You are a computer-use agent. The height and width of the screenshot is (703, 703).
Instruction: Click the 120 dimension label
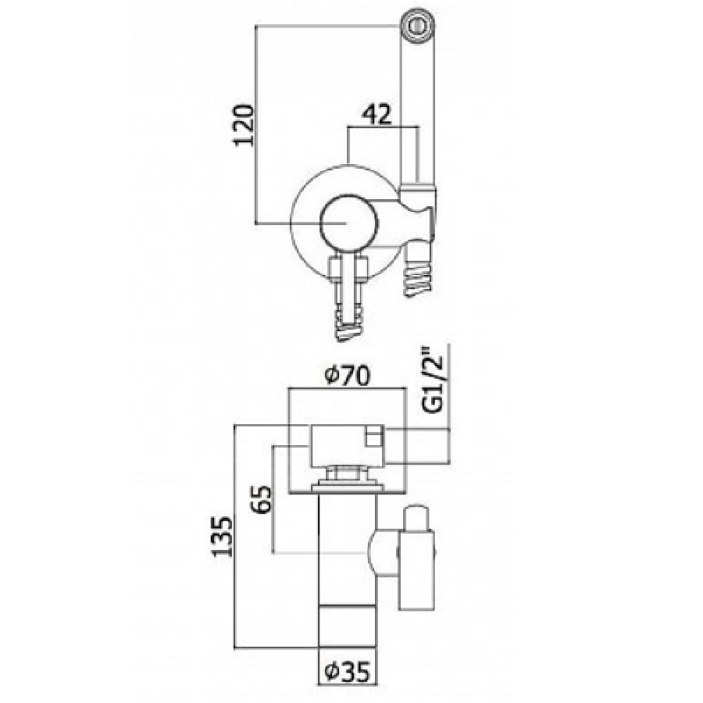pos(244,125)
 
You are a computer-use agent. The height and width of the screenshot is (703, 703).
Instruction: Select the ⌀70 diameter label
pos(348,376)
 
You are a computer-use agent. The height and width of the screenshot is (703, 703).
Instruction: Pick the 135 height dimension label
pos(223,537)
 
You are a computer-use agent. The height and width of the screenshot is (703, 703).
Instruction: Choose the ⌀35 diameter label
pos(348,672)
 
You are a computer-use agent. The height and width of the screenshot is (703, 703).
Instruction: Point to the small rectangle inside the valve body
pos(374,437)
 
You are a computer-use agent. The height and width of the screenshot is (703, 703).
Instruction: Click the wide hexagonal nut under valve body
pos(348,487)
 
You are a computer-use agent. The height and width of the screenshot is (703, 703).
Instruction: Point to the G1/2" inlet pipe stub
pos(417,445)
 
